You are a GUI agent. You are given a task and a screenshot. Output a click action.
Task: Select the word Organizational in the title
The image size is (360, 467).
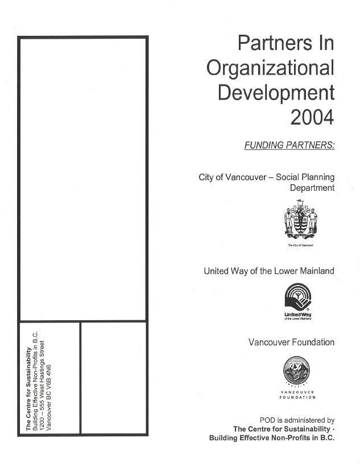click(270, 68)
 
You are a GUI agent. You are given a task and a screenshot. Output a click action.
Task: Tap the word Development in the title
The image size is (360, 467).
click(276, 92)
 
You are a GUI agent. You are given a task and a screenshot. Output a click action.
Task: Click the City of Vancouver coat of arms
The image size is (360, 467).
click(300, 222)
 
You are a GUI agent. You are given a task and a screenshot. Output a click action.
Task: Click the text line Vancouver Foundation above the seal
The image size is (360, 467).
click(291, 342)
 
